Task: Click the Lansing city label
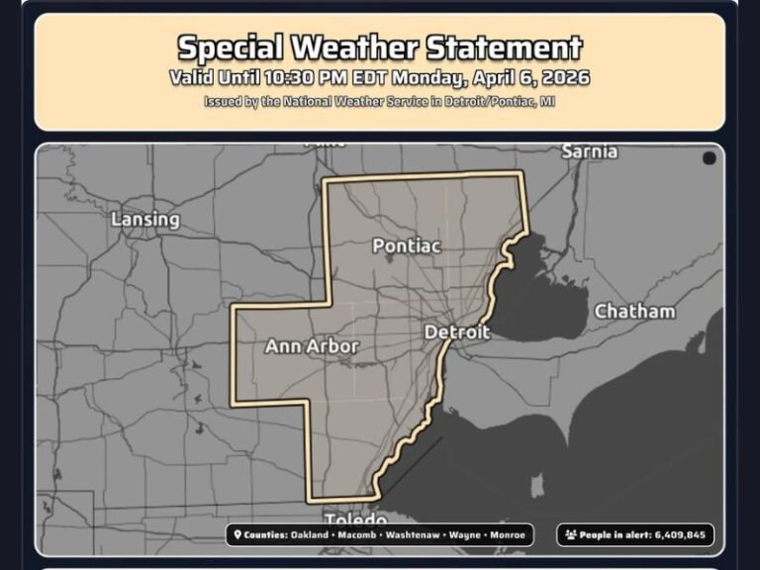[145, 219]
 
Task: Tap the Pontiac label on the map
[406, 244]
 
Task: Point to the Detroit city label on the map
[457, 332]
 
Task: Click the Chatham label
[634, 311]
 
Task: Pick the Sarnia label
[589, 151]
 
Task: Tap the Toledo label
[356, 520]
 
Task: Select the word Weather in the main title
[362, 47]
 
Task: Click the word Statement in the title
[505, 47]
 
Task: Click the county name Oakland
[311, 535]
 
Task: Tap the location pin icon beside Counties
[237, 535]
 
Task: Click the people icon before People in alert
[570, 535]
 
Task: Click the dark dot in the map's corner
[710, 158]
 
